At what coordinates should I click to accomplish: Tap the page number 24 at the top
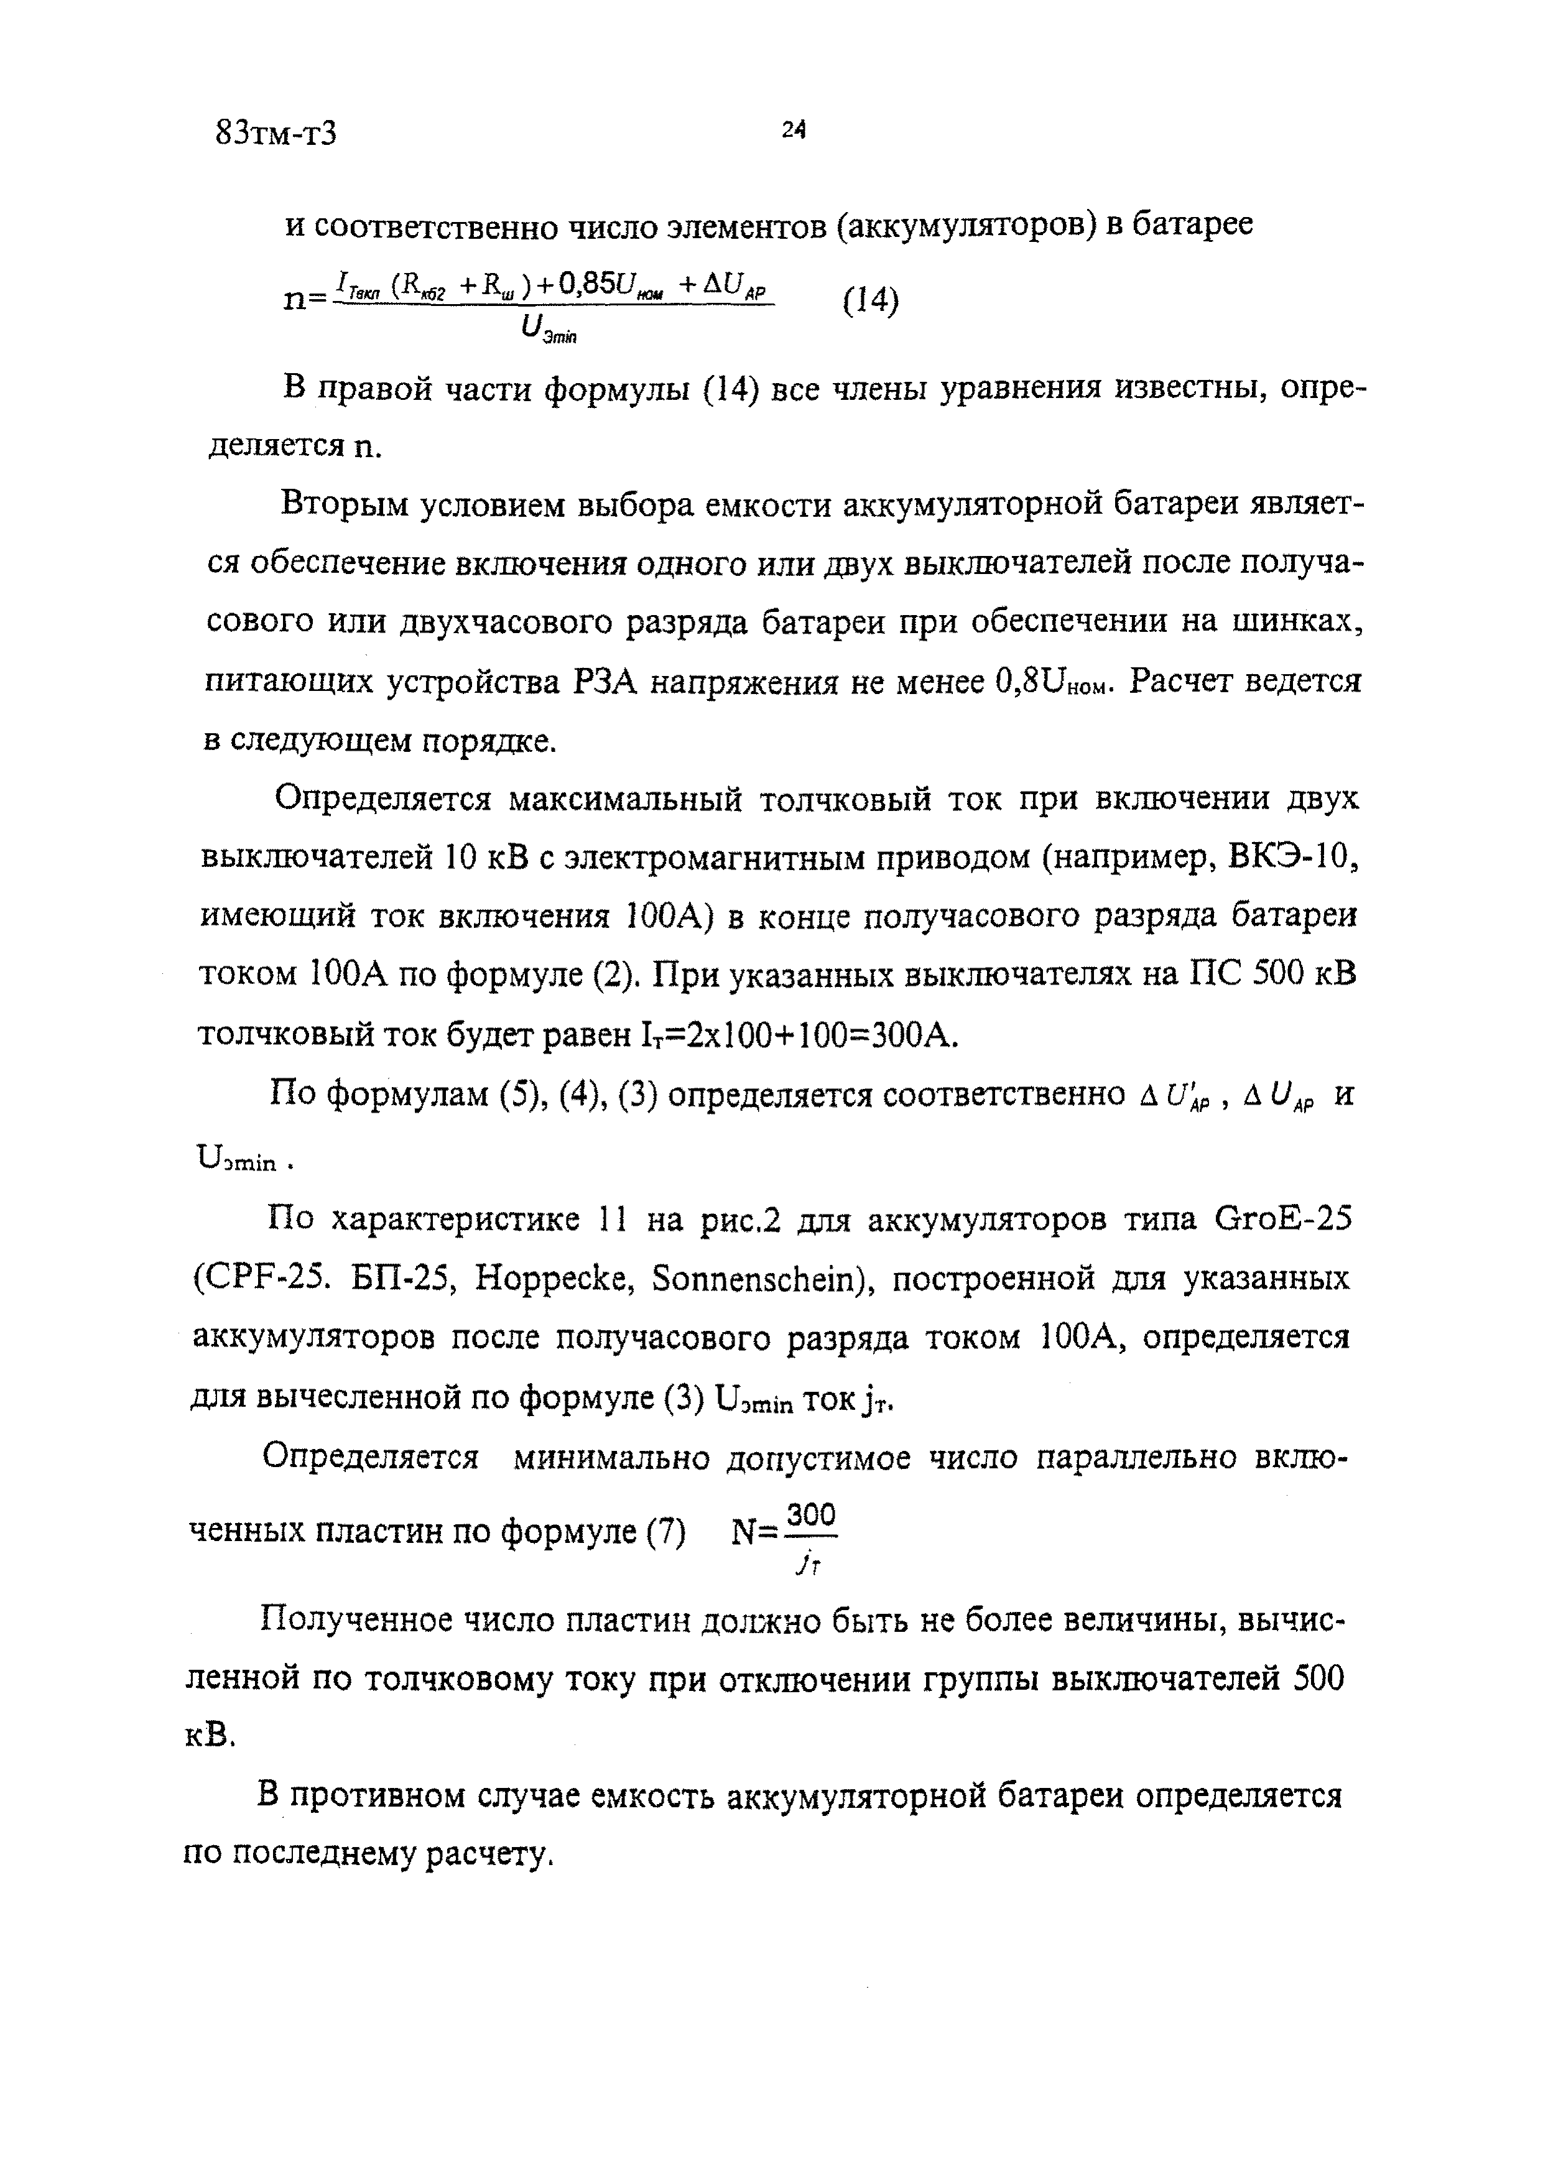(794, 130)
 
